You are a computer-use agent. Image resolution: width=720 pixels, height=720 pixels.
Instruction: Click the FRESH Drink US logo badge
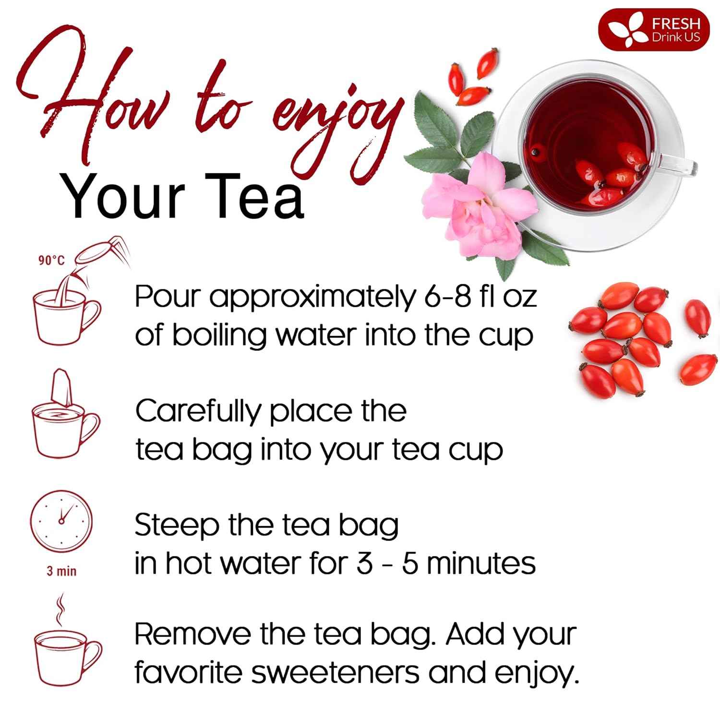coord(653,29)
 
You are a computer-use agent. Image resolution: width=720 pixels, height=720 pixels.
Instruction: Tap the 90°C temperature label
coord(51,261)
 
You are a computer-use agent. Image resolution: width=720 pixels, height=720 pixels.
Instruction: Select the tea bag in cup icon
coord(65,415)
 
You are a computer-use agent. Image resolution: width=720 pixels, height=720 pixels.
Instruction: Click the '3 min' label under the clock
coord(61,571)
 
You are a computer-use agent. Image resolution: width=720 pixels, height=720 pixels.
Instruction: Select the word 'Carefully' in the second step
coord(198,412)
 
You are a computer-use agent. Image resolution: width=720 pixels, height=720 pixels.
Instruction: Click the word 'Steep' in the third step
coord(177,526)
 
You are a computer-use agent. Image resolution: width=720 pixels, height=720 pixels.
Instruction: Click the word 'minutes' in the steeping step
coord(480,564)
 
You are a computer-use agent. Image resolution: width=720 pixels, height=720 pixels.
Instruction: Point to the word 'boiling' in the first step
coord(219,336)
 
